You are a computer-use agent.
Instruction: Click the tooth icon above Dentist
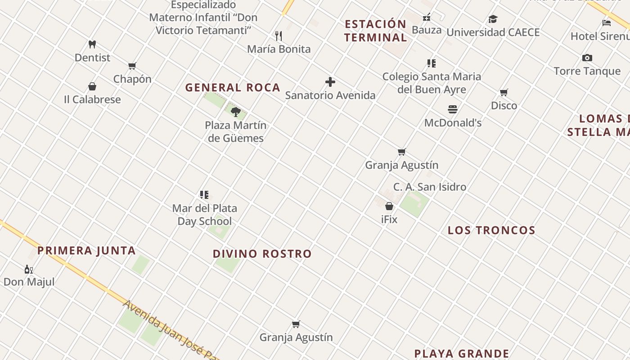point(92,45)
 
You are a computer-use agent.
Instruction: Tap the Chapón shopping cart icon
point(132,66)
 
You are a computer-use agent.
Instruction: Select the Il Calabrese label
point(92,99)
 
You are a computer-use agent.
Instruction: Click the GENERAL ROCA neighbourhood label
point(233,88)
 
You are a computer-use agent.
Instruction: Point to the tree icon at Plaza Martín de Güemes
point(235,112)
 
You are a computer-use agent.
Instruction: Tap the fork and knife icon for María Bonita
point(279,36)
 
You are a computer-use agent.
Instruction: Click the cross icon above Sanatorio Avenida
point(330,82)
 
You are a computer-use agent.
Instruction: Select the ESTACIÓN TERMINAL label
point(376,31)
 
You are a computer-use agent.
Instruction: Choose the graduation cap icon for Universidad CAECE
point(493,19)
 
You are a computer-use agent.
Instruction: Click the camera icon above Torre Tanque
point(587,58)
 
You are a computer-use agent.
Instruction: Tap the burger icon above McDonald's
point(453,109)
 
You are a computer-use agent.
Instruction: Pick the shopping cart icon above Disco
point(504,93)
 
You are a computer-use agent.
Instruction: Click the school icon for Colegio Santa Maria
point(432,63)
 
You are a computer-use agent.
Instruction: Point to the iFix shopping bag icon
point(389,206)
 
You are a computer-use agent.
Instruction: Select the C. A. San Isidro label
point(430,187)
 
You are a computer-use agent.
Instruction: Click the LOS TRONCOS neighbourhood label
point(491,230)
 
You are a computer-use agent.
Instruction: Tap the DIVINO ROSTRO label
point(262,254)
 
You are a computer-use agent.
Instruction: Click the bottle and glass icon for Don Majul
point(29,270)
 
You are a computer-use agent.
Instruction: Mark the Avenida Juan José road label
point(171,330)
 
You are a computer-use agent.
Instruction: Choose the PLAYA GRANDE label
point(462,354)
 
